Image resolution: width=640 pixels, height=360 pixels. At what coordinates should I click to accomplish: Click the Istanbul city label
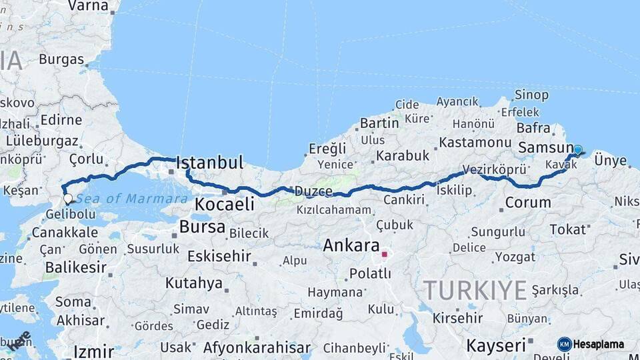click(209, 162)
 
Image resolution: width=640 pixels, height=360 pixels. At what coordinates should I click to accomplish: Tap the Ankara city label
click(351, 245)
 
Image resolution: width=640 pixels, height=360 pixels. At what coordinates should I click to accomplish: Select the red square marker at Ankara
click(384, 254)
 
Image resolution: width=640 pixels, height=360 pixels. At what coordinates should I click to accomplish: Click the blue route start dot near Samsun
click(577, 151)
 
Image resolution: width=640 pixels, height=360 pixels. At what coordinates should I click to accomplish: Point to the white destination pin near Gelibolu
click(67, 198)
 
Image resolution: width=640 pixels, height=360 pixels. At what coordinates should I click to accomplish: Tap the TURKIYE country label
click(475, 290)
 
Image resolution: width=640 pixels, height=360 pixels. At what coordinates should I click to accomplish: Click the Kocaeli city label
click(225, 203)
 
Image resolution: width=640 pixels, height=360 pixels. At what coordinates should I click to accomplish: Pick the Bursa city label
click(202, 227)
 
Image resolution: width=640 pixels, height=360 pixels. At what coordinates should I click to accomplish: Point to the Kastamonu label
click(476, 142)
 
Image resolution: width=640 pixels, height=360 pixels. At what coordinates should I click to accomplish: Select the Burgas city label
click(61, 59)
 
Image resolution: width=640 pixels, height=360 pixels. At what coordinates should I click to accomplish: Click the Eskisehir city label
click(219, 256)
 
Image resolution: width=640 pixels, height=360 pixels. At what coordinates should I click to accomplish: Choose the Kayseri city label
click(496, 345)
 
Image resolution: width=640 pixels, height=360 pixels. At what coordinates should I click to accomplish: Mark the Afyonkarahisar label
click(257, 347)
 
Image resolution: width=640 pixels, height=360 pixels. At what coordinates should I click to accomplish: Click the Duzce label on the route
click(315, 191)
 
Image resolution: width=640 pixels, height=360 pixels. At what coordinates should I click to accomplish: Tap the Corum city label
click(528, 202)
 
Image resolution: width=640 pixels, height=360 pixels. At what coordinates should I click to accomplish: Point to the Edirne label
click(61, 121)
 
